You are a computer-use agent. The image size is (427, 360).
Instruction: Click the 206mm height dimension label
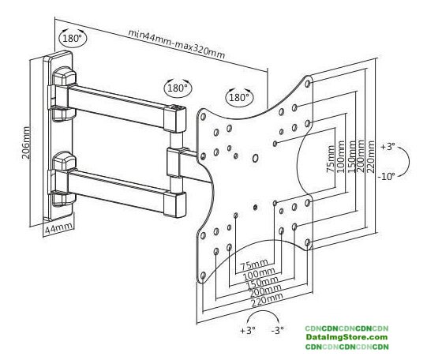tap(26, 142)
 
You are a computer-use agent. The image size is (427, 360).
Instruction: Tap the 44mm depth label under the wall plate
tap(59, 227)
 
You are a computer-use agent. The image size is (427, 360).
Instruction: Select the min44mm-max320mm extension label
tap(177, 44)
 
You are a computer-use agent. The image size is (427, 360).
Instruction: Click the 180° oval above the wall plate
tap(73, 38)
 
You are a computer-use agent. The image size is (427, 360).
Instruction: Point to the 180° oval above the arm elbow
tap(178, 88)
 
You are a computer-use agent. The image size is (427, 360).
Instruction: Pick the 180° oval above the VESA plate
tap(239, 97)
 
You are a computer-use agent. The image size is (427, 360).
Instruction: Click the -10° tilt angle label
tap(387, 177)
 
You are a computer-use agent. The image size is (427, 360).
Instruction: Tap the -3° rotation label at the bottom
tap(278, 330)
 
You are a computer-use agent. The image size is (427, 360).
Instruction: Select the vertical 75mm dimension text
tap(331, 159)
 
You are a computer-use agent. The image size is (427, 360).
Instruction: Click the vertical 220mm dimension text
tap(371, 156)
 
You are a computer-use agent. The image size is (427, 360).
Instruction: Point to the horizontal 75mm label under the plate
tap(254, 264)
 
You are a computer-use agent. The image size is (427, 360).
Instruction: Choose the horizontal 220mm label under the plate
tap(267, 300)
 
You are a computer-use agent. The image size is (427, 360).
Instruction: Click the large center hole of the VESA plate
tap(256, 158)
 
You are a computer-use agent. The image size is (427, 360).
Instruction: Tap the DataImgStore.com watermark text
tap(346, 337)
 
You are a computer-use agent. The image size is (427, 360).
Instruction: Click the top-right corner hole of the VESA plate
tap(308, 83)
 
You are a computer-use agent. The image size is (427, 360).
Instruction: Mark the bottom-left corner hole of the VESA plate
tap(203, 276)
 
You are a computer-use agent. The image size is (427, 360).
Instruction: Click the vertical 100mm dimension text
tap(342, 156)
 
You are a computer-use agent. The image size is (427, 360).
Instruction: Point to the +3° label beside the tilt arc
tap(388, 147)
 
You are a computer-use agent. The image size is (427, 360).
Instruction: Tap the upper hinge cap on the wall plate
tap(65, 77)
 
